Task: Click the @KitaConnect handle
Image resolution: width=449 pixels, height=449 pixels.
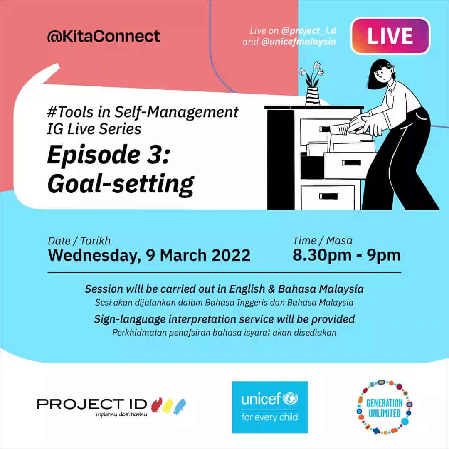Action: pos(104,36)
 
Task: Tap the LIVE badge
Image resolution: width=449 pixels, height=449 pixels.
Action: pos(390,36)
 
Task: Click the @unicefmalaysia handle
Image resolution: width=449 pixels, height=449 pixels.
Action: pos(299,42)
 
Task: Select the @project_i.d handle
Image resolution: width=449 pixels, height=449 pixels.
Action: pos(308,30)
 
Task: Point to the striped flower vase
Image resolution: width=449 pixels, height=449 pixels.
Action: pos(312,96)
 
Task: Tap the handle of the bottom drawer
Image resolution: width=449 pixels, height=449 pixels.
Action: pos(328,196)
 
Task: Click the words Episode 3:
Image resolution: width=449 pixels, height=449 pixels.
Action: pos(109,155)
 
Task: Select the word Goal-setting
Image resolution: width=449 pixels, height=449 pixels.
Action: pos(121,184)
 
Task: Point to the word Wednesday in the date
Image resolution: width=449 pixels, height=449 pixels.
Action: pos(94,255)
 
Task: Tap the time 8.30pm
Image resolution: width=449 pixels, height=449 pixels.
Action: pos(322,255)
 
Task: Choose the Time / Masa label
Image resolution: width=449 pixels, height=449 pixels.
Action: pos(323,241)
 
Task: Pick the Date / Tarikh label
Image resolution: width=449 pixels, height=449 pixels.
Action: pos(79,241)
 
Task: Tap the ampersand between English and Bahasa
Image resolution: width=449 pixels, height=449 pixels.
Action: pos(271,289)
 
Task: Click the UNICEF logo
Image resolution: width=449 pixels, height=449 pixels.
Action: pos(270,407)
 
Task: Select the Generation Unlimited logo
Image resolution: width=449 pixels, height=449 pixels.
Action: pos(384,407)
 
